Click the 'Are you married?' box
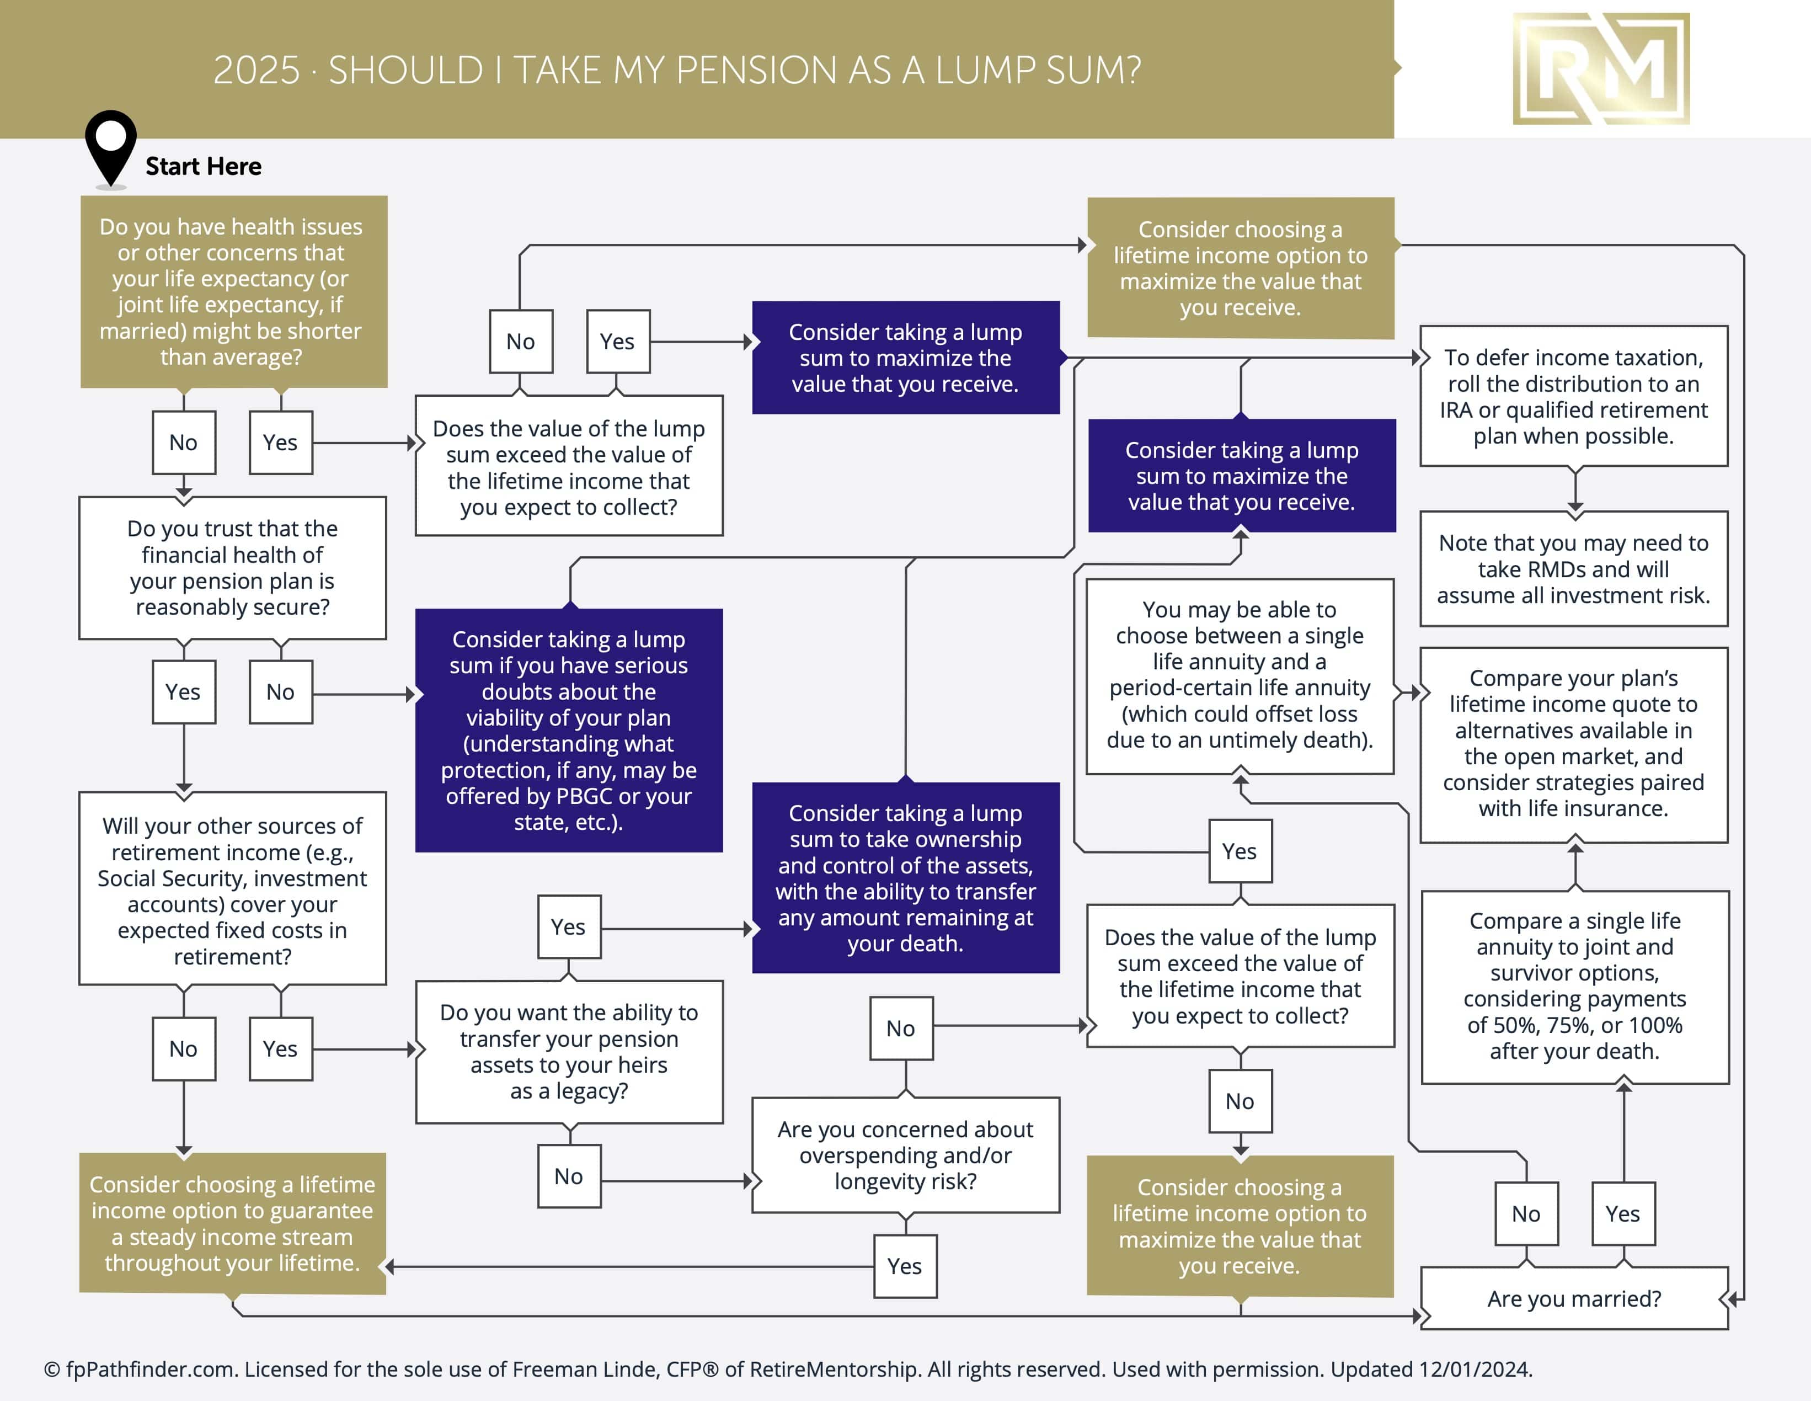1574,1298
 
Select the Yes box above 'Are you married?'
1623,1213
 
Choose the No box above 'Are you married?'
1526,1213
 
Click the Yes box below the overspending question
905,1266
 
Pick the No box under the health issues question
183,442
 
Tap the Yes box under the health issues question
280,442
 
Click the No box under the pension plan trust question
280,692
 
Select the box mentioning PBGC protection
569,730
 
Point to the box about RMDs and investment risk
1573,569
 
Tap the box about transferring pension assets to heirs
569,1051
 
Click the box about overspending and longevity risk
906,1155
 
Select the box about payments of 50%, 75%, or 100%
1574,986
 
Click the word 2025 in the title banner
256,71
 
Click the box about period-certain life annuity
1240,675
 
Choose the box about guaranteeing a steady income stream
232,1223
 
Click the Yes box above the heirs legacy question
569,926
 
